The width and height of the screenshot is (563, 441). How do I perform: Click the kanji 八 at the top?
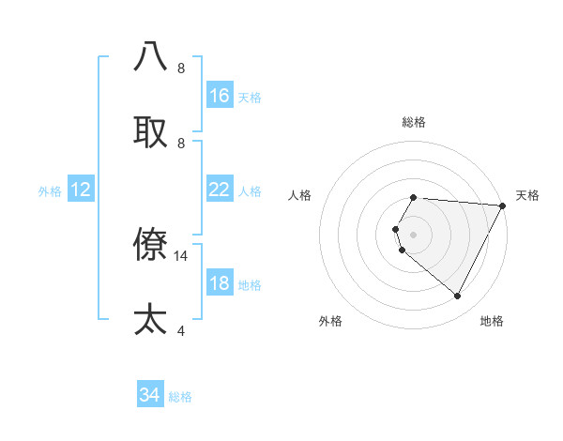pos(150,56)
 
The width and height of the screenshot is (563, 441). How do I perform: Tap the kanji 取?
pos(150,132)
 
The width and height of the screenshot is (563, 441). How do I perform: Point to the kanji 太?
pos(150,319)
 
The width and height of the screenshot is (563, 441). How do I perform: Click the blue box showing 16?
pos(220,96)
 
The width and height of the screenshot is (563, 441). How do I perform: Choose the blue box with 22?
pos(220,190)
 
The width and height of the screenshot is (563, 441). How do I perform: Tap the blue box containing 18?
pos(220,283)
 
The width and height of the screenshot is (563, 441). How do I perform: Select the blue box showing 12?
pos(81,190)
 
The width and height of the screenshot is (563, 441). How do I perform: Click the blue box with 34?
pos(150,395)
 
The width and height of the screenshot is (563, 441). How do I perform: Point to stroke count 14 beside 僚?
pos(181,255)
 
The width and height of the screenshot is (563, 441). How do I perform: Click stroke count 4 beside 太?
pos(180,330)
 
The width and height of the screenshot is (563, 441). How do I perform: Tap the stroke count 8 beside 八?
pos(180,68)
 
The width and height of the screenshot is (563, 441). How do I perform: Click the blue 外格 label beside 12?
pos(50,191)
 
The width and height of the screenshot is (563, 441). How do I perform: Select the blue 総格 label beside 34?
pos(180,397)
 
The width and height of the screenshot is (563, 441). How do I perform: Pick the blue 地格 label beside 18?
pos(250,285)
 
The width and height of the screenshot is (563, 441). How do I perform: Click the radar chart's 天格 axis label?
pos(527,195)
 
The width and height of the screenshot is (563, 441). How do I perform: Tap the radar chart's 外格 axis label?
pos(330,321)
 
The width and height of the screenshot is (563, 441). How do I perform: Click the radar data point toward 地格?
pos(457,297)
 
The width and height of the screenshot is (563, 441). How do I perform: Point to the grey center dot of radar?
pos(413,234)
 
